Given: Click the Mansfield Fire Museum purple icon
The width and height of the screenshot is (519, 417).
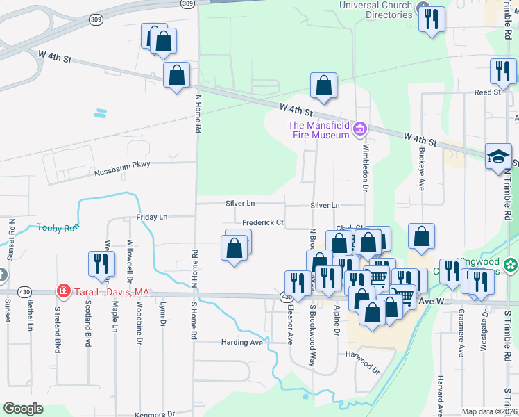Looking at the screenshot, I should pos(359,128).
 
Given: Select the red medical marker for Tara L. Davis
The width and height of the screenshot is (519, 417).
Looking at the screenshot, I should pos(63,290).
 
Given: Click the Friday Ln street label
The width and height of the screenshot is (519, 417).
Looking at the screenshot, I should pos(151,217).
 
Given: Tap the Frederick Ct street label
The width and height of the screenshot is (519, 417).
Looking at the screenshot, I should pos(262,223).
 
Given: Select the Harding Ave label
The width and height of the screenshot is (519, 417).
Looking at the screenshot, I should pos(242,343).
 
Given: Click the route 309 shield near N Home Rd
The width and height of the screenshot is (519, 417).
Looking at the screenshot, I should pos(187,3).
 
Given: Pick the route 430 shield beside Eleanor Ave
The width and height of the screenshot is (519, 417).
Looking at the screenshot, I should pos(286,297).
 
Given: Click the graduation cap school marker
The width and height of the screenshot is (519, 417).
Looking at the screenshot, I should pos(498,156).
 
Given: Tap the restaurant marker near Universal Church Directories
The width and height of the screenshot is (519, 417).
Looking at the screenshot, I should pos(432,19).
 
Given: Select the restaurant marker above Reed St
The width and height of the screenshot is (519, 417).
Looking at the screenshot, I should pos(502,71).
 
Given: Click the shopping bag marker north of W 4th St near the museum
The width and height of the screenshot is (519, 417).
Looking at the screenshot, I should pos(323,85).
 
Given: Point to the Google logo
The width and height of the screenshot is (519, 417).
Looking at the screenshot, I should pos(23,409).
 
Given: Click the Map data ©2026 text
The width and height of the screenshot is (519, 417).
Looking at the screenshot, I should pos(489,411).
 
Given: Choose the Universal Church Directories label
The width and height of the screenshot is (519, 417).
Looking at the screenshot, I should pos(375,10).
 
